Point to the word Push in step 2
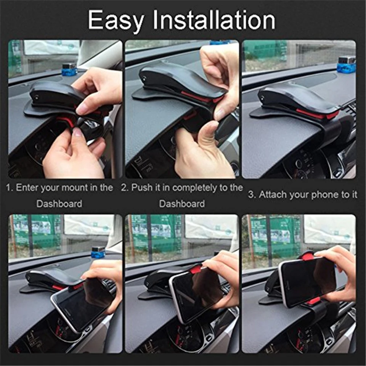tap(141, 188)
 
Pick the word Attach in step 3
tap(271, 195)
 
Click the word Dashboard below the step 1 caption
tap(59, 204)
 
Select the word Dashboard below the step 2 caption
tap(181, 204)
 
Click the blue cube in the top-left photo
tap(69, 70)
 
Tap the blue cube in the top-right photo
tap(347, 64)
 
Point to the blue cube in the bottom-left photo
tap(98, 252)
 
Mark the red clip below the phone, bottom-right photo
tap(314, 301)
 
